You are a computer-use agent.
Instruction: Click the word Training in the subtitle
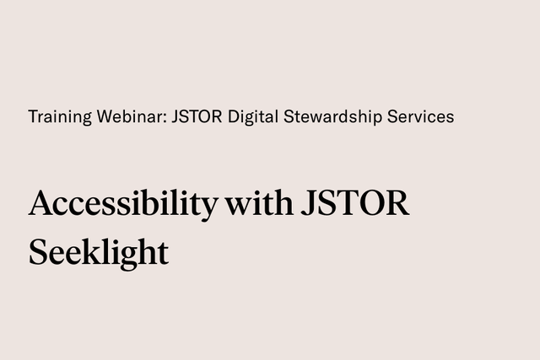58,117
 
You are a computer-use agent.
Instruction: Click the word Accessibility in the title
123,205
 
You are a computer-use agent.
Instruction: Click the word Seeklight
99,251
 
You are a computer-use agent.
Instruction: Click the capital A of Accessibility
40,205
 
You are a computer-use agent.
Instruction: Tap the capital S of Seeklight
37,250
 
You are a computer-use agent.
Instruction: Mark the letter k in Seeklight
87,250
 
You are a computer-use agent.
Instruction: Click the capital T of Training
33,116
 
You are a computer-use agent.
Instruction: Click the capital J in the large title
304,205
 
